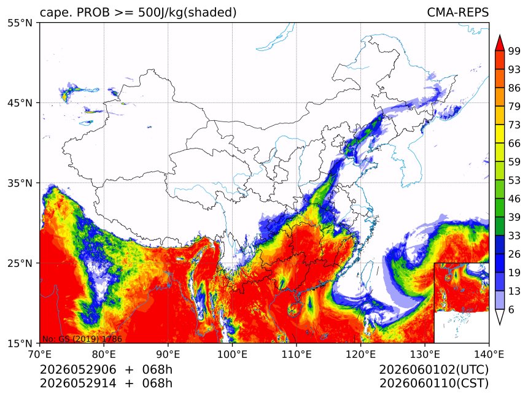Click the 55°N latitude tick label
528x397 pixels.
(20, 23)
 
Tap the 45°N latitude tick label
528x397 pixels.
(20, 103)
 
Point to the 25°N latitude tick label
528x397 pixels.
(20, 263)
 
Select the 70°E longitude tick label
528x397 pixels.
(40, 354)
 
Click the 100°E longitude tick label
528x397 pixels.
(232, 354)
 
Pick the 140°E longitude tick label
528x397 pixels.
(489, 354)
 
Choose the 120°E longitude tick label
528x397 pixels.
(360, 354)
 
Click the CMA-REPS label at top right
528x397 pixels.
(457, 12)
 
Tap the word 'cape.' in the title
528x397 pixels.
(55, 13)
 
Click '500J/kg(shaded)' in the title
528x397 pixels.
(187, 12)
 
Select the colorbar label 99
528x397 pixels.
(514, 51)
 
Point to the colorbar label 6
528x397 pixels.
(511, 309)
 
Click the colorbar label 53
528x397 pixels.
(514, 180)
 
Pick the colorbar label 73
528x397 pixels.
(514, 125)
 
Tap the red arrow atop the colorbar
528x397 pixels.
(500, 43)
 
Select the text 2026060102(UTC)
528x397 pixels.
(433, 370)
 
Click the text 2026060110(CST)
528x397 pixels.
(433, 384)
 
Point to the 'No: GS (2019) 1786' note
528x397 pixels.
(82, 339)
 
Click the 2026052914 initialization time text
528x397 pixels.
(78, 384)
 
